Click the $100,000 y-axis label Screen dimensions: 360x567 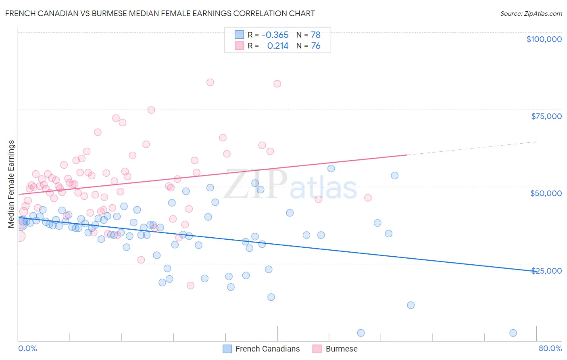(544, 39)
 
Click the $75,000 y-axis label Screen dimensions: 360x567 (546, 116)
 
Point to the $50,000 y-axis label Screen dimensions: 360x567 (546, 193)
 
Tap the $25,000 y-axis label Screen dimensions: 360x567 (546, 270)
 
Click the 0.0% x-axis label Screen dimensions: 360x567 (27, 348)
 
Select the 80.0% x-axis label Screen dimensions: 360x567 (550, 348)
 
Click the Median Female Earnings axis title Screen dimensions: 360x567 (11, 184)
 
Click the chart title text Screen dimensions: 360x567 (160, 13)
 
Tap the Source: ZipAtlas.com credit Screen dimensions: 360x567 (531, 13)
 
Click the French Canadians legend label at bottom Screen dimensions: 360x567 (267, 349)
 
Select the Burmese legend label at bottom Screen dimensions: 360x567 (341, 349)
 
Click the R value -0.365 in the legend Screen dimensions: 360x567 (275, 35)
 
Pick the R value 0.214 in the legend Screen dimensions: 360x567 (278, 46)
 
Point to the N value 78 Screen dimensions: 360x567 (315, 35)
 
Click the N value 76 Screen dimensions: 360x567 (315, 46)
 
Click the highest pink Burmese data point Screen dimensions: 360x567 (210, 82)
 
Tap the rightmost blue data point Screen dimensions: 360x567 (513, 333)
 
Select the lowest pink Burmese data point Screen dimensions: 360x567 (190, 285)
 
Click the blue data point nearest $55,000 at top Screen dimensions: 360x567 (331, 169)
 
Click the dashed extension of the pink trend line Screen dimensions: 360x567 (472, 148)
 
